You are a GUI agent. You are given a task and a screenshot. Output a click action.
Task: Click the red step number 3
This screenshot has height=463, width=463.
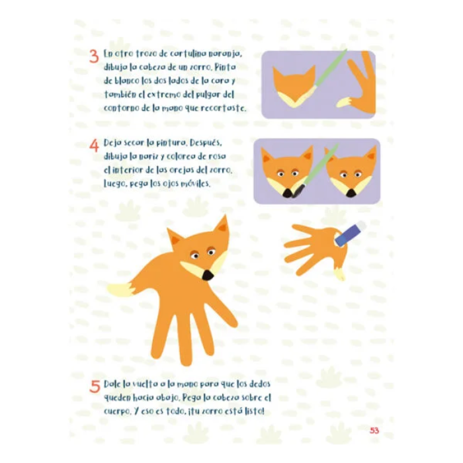click(x=94, y=56)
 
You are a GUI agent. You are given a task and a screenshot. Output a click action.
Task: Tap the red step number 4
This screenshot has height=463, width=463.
click(x=94, y=145)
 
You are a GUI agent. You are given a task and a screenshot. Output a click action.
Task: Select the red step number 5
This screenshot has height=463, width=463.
click(x=95, y=386)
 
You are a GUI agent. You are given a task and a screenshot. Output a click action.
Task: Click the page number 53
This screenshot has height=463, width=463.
click(x=374, y=431)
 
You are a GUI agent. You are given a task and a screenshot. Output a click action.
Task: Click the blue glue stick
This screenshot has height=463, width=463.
click(x=351, y=234)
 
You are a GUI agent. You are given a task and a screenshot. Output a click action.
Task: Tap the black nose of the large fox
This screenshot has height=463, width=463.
click(x=208, y=275)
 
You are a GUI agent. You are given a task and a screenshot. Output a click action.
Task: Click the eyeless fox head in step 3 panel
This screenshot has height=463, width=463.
click(x=294, y=86)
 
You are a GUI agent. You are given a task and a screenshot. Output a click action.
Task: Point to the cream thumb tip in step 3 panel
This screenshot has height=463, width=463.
click(x=343, y=102)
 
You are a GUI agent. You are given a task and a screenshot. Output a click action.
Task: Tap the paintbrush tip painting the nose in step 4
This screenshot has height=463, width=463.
click(x=297, y=191)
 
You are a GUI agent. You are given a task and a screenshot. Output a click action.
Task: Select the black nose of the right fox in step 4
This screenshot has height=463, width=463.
click(x=351, y=193)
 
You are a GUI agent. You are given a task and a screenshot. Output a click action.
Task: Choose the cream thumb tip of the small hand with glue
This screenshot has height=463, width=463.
click(x=339, y=274)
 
